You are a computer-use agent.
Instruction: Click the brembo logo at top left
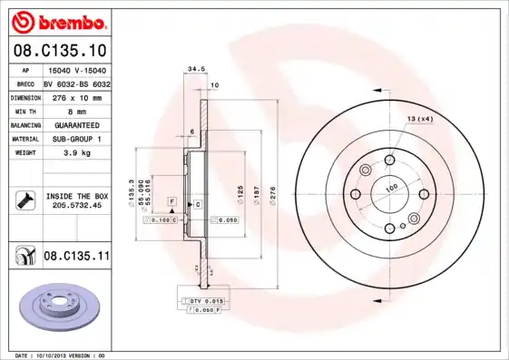(x=56, y=21)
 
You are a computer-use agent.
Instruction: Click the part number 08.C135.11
(x=75, y=258)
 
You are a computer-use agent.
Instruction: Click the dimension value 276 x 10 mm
(x=76, y=96)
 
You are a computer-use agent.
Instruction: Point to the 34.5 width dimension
(x=192, y=68)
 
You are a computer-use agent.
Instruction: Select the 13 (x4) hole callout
(x=420, y=119)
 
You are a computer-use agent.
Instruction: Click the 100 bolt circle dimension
(x=392, y=188)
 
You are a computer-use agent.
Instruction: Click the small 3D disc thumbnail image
(x=56, y=308)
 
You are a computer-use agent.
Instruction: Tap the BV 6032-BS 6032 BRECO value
(x=76, y=82)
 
